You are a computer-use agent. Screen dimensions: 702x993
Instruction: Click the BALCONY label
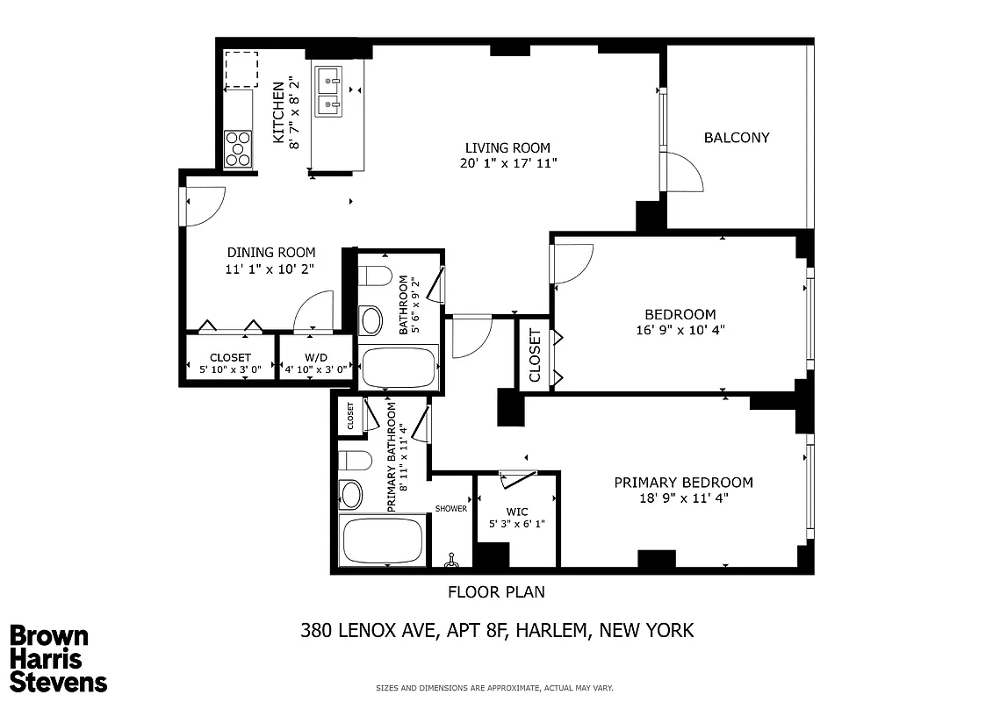[736, 138]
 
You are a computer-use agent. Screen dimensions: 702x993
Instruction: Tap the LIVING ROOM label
[507, 147]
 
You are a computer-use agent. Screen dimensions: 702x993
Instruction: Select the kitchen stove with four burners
[238, 148]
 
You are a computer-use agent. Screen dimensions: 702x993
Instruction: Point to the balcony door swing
[684, 172]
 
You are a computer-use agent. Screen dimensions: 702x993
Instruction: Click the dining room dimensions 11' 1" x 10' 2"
[270, 269]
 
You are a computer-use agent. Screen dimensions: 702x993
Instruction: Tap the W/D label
[316, 357]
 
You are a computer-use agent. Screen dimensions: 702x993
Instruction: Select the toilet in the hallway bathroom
[375, 276]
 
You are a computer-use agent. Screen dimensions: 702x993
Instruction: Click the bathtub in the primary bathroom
[381, 541]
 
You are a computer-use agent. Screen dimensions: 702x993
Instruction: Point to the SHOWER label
[451, 509]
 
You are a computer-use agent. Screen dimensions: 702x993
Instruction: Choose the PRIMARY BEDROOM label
[683, 483]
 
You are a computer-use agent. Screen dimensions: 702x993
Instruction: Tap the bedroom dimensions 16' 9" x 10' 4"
[680, 330]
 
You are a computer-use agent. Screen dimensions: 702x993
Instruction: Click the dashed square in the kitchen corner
[241, 69]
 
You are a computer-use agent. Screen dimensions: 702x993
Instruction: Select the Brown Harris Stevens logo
[59, 659]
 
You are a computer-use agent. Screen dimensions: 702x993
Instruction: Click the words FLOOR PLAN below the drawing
[496, 592]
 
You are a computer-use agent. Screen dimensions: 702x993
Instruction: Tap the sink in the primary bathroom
[351, 495]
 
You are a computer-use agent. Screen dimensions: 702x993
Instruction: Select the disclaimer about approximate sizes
[494, 688]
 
